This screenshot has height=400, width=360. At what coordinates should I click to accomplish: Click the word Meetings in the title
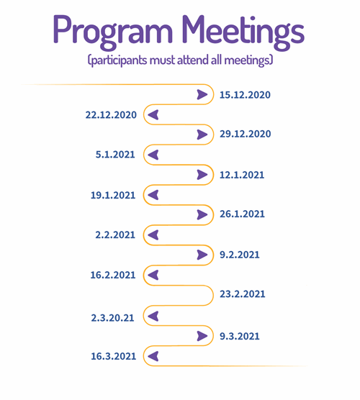pos(243,32)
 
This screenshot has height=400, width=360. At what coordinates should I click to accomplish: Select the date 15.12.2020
pos(245,95)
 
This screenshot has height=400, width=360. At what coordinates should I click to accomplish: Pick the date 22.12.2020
pos(111,115)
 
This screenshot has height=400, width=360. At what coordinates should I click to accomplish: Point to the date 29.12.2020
pos(245,134)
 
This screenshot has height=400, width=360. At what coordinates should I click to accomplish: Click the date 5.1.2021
pos(115,155)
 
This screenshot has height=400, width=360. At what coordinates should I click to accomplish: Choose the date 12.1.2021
pos(242,175)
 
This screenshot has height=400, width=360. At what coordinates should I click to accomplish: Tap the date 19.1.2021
pos(113,196)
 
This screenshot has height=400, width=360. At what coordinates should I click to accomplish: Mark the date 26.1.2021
pos(242,214)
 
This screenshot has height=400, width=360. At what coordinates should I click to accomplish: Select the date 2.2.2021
pos(115,235)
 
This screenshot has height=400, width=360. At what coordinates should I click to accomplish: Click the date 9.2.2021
pos(240,255)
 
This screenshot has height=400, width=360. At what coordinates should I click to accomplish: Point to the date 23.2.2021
pos(243,294)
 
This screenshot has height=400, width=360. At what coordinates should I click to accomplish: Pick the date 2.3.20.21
pos(112,318)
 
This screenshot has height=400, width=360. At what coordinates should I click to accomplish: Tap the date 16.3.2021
pos(113,356)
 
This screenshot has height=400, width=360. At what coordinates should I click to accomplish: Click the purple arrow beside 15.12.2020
pos(202,95)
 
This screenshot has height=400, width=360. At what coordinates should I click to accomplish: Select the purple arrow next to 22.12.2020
pos(153,115)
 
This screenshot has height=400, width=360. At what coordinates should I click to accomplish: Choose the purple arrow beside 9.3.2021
pos(202,336)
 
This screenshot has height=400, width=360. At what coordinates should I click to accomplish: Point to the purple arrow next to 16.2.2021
pos(153,275)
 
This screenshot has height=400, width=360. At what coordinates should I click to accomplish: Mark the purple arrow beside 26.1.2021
pos(202,215)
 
